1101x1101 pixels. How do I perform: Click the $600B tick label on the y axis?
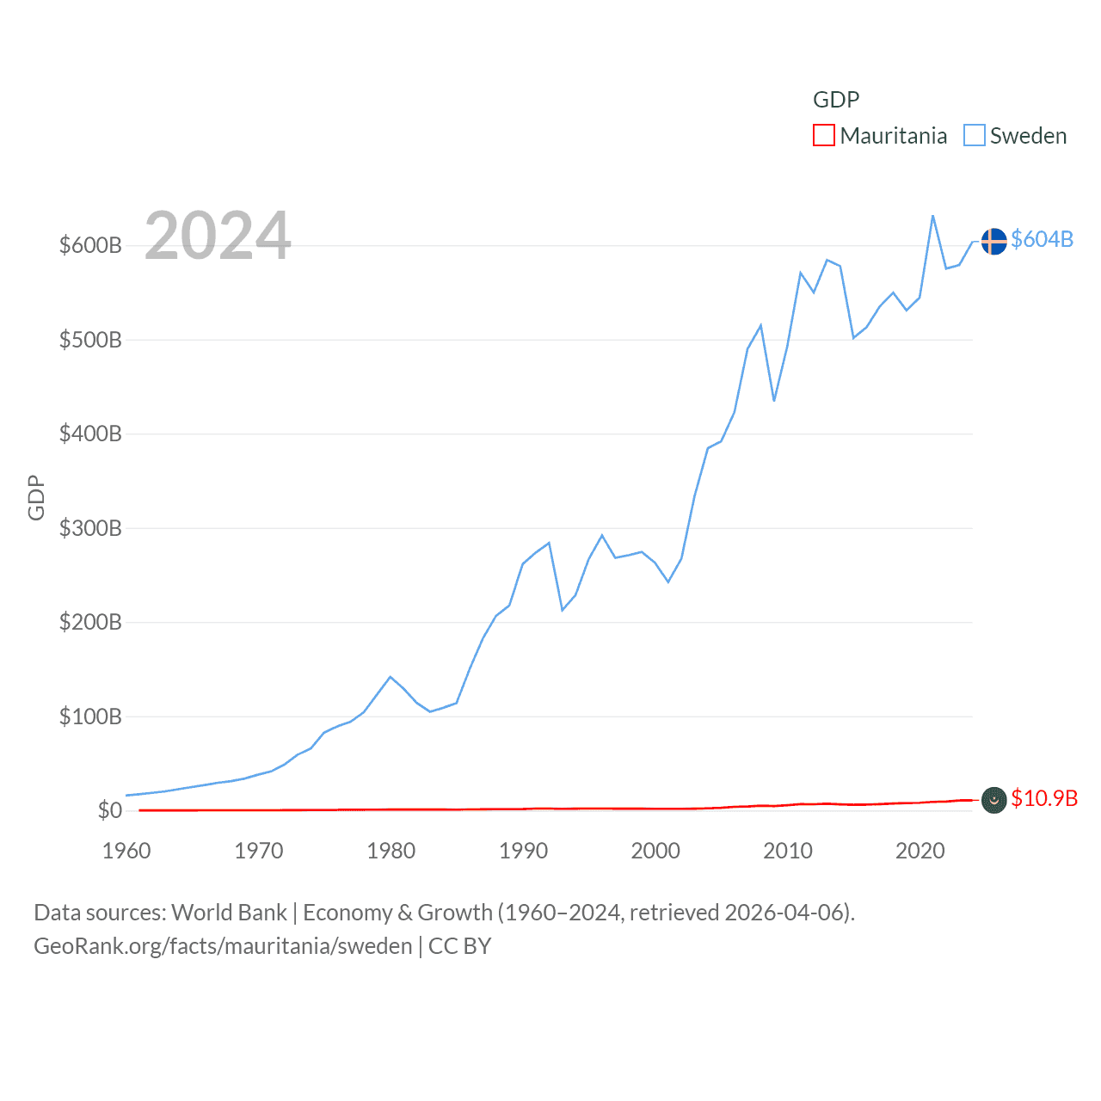(90, 245)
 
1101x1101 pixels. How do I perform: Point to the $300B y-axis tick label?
(90, 528)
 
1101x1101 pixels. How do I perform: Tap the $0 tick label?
(110, 810)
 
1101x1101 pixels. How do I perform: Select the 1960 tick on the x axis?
(126, 851)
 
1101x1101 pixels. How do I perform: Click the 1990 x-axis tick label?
(523, 851)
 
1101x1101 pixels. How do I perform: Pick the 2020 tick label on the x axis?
(920, 851)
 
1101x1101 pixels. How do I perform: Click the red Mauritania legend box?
(824, 136)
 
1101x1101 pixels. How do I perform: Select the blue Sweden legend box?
(974, 136)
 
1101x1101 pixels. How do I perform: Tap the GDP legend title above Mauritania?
(836, 100)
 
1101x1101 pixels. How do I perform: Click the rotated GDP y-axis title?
(36, 497)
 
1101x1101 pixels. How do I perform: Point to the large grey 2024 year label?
(218, 236)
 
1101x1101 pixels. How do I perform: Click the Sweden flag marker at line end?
(993, 242)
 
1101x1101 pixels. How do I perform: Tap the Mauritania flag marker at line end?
(993, 800)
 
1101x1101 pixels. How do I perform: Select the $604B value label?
(1042, 239)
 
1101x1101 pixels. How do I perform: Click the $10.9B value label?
(1044, 798)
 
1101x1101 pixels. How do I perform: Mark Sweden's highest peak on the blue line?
(933, 216)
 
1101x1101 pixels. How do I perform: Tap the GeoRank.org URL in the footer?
(223, 946)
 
